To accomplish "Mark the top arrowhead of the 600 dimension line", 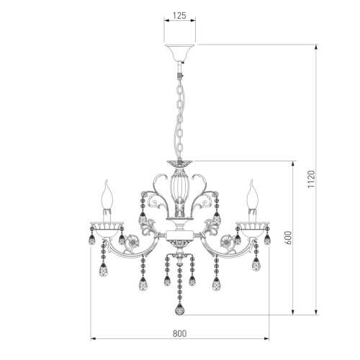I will pyautogui.click(x=293, y=163).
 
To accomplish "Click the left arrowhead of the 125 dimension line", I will pyautogui.click(x=167, y=21).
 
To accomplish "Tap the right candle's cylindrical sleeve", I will pyautogui.click(x=253, y=214).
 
